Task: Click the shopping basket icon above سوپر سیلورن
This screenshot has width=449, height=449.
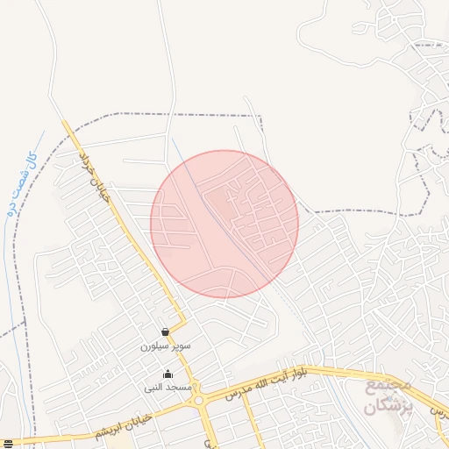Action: point(166,332)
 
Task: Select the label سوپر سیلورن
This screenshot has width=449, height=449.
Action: point(165,346)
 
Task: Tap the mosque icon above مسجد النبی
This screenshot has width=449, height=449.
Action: point(168,374)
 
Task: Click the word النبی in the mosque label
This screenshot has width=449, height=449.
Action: point(156,387)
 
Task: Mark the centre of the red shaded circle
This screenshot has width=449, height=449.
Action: point(224,224)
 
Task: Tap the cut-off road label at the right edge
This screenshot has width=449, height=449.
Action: point(440,411)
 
